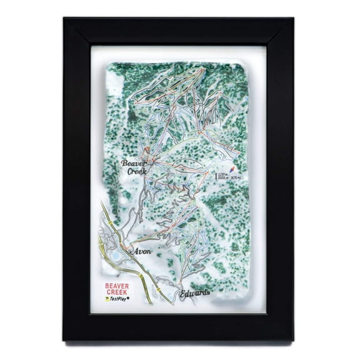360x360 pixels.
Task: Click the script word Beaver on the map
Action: tap(133, 164)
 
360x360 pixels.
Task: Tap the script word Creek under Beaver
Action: tap(133, 172)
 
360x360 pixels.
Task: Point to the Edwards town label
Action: tap(194, 293)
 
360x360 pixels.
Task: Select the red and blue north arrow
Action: tap(233, 170)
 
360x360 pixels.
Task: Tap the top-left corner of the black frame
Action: tap(64, 19)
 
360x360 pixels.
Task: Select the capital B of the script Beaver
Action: tap(124, 164)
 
